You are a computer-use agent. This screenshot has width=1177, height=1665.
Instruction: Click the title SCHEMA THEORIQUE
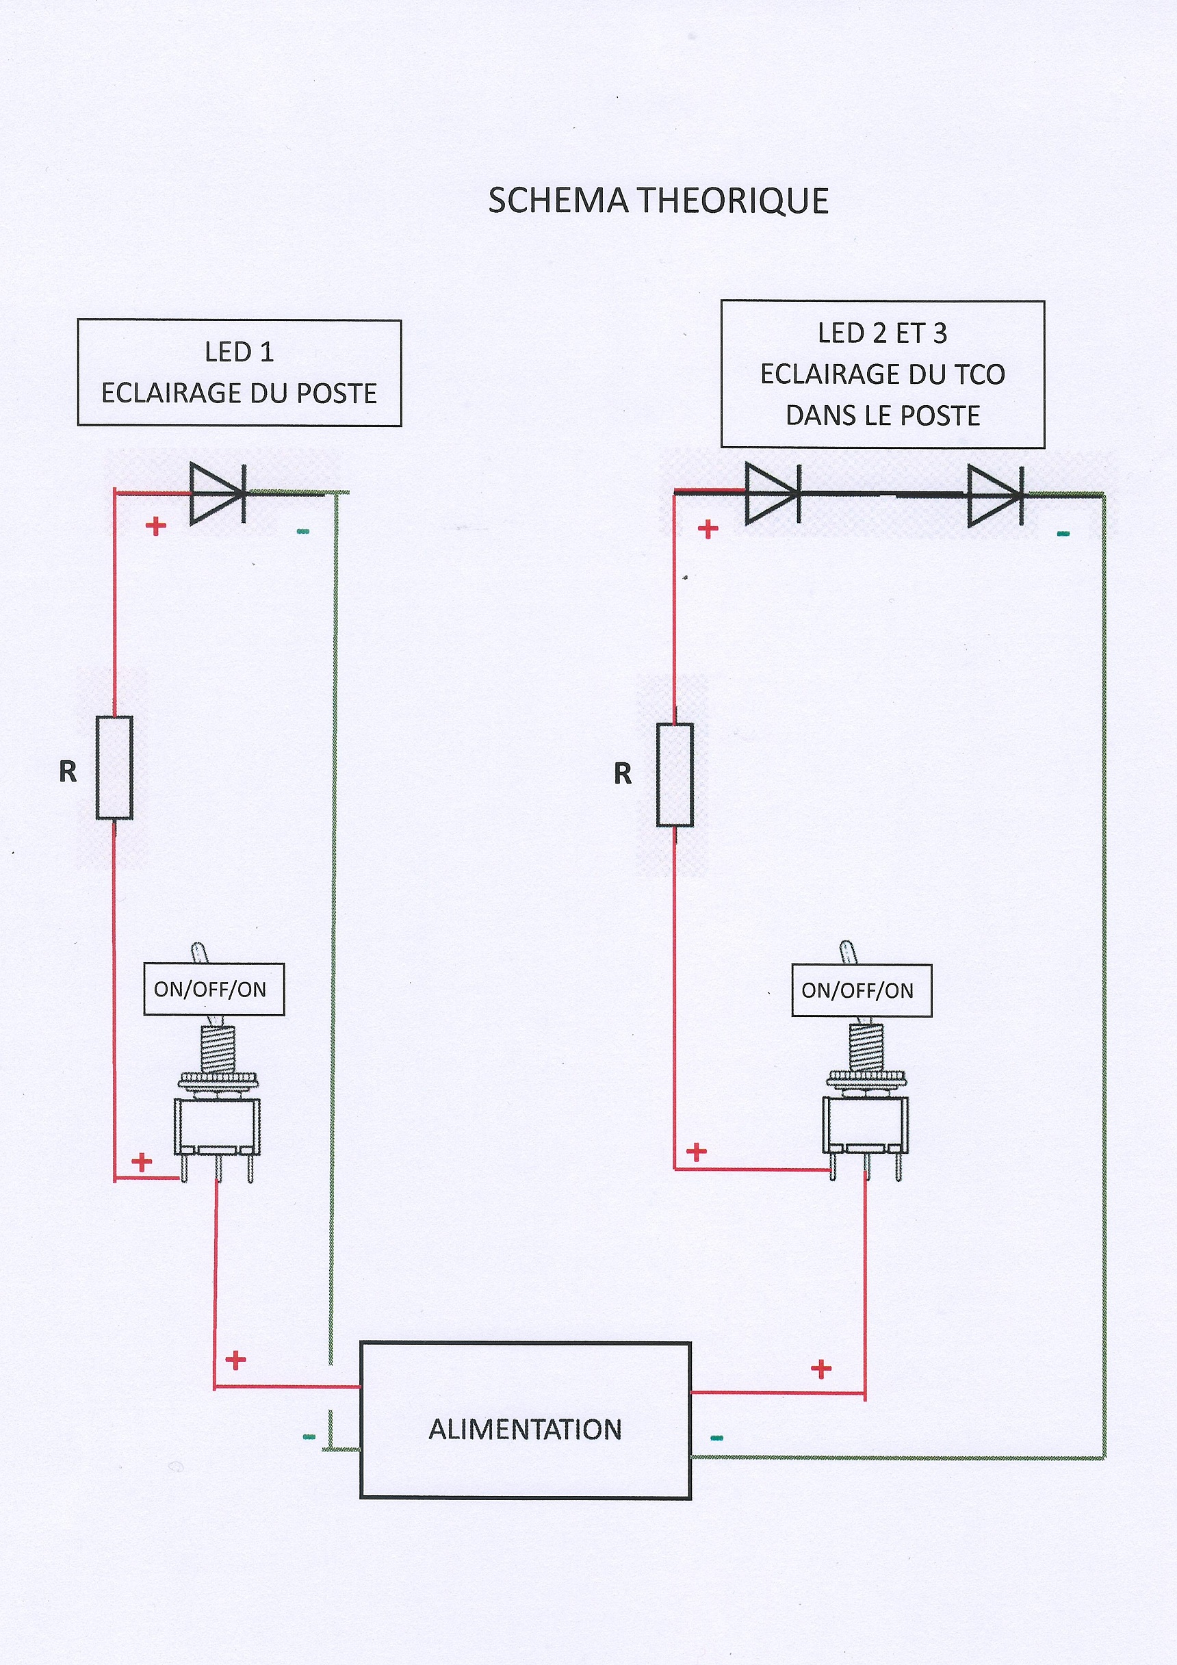pyautogui.click(x=658, y=201)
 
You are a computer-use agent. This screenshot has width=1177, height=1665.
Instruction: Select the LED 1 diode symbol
pyautogui.click(x=217, y=493)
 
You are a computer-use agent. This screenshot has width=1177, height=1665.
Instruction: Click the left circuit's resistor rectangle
pyautogui.click(x=114, y=767)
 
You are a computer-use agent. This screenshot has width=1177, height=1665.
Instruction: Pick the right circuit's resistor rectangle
pyautogui.click(x=675, y=775)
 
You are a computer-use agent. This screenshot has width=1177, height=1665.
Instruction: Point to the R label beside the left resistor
pyautogui.click(x=68, y=771)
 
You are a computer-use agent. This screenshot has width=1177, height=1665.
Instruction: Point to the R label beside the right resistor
pyautogui.click(x=622, y=774)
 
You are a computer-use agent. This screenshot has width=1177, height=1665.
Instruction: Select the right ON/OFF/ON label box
pyautogui.click(x=861, y=991)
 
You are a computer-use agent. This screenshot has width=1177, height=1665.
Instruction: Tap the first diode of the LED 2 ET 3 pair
pyautogui.click(x=773, y=494)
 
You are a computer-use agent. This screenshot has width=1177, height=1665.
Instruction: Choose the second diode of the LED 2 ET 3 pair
pyautogui.click(x=995, y=495)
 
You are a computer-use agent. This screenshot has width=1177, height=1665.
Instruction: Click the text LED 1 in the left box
pyautogui.click(x=239, y=352)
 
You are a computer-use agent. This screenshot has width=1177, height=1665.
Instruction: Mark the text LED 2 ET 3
pyautogui.click(x=882, y=333)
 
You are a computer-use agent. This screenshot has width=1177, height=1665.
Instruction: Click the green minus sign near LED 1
pyautogui.click(x=303, y=532)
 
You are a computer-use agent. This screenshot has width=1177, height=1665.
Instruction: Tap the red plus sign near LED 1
pyautogui.click(x=156, y=526)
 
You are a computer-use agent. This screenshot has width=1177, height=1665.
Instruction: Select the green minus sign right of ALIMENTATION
pyautogui.click(x=716, y=1438)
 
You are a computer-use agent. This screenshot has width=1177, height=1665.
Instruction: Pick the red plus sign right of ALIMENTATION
pyautogui.click(x=821, y=1369)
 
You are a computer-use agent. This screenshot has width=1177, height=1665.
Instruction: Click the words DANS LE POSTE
pyautogui.click(x=883, y=416)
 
